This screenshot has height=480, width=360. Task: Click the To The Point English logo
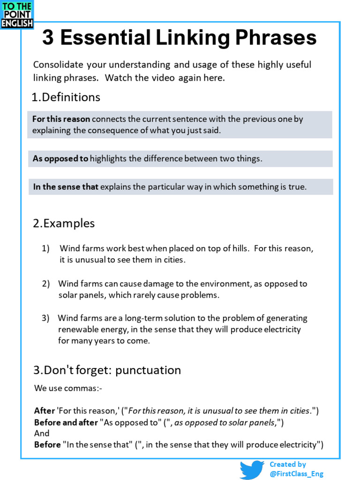(x=17, y=15)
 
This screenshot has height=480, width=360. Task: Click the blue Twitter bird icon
(x=252, y=469)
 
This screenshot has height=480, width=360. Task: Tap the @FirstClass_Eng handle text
(x=296, y=474)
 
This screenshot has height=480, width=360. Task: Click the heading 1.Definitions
(x=66, y=97)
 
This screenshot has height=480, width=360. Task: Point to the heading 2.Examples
(x=64, y=223)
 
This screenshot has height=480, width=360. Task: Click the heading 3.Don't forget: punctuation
(x=107, y=370)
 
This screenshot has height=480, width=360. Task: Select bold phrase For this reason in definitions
(x=61, y=119)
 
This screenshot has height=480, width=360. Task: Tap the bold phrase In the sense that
(x=66, y=187)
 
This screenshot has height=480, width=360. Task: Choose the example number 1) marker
(x=46, y=248)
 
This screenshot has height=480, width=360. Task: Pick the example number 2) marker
(x=46, y=284)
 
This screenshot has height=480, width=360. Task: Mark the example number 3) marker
(x=45, y=318)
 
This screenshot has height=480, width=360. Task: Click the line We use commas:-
(x=68, y=388)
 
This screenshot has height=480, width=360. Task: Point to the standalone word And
(x=42, y=434)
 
